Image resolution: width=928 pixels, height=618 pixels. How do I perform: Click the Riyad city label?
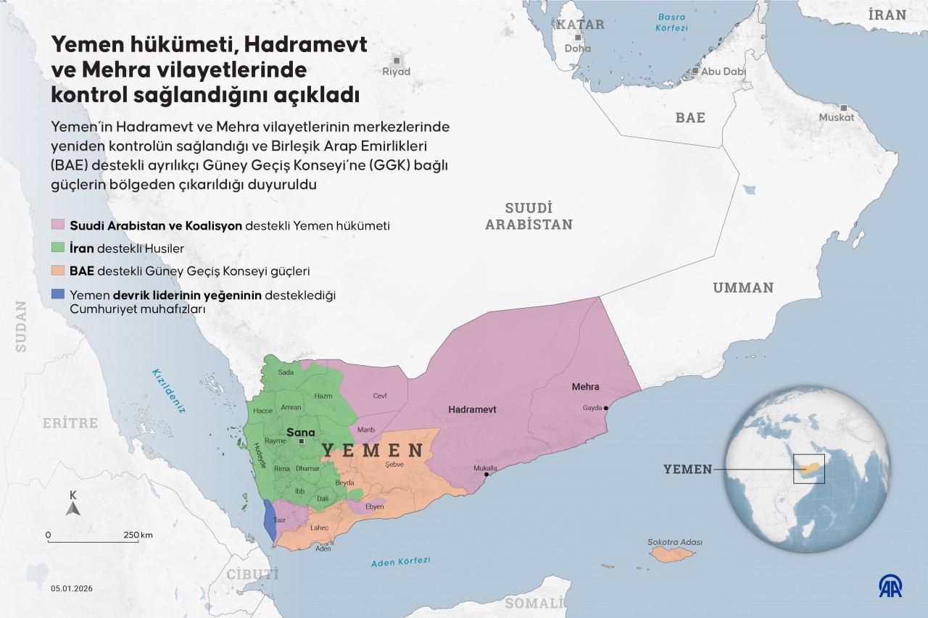click(x=397, y=72)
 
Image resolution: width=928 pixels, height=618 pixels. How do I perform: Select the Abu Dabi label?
click(x=724, y=72)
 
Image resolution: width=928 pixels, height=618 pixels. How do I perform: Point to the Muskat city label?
click(x=837, y=117)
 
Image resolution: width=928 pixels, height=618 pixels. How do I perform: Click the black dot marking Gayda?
click(x=606, y=408)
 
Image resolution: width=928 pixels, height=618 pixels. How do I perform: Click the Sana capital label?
click(x=301, y=433)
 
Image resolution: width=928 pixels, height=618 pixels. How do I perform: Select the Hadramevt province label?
click(x=472, y=409)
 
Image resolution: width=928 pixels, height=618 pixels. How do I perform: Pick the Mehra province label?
click(x=585, y=387)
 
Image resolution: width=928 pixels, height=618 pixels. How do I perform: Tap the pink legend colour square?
click(x=58, y=225)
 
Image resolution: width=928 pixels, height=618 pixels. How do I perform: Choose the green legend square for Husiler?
click(x=58, y=249)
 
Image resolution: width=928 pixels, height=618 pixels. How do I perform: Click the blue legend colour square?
click(x=58, y=295)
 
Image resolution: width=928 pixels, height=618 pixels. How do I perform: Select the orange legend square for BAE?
click(x=58, y=272)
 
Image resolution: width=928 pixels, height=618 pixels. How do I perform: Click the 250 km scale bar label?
click(x=137, y=535)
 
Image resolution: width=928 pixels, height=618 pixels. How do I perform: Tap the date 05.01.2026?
click(x=75, y=588)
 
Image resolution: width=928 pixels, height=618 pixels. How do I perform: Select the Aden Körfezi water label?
click(x=400, y=562)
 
